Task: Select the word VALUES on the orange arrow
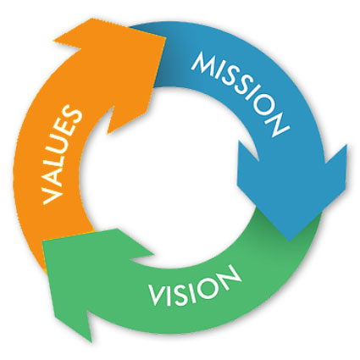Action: (x=63, y=154)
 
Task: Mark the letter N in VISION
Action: (x=229, y=274)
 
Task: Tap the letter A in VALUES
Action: (x=58, y=176)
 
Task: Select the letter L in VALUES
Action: (x=60, y=159)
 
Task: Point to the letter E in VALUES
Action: (x=69, y=128)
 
